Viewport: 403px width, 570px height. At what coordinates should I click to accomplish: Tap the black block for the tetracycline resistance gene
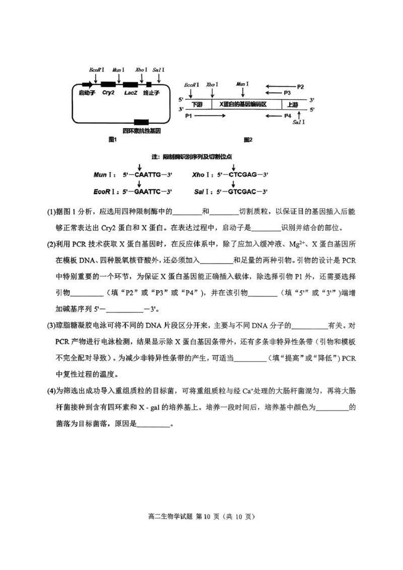coord(142,122)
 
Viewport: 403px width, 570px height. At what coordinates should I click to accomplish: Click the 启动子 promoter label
coord(87,93)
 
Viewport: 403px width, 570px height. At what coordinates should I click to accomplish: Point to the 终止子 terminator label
coord(151,93)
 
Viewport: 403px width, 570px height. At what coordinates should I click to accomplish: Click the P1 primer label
coord(189,116)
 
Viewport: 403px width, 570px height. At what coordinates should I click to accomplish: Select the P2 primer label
coord(300,87)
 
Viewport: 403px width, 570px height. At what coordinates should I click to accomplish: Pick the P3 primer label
coord(288,93)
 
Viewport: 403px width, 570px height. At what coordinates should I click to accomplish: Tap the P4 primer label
coord(288,116)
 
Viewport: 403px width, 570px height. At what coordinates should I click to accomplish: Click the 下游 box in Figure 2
coord(197,104)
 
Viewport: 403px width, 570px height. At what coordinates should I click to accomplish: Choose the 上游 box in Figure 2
coord(292,104)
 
